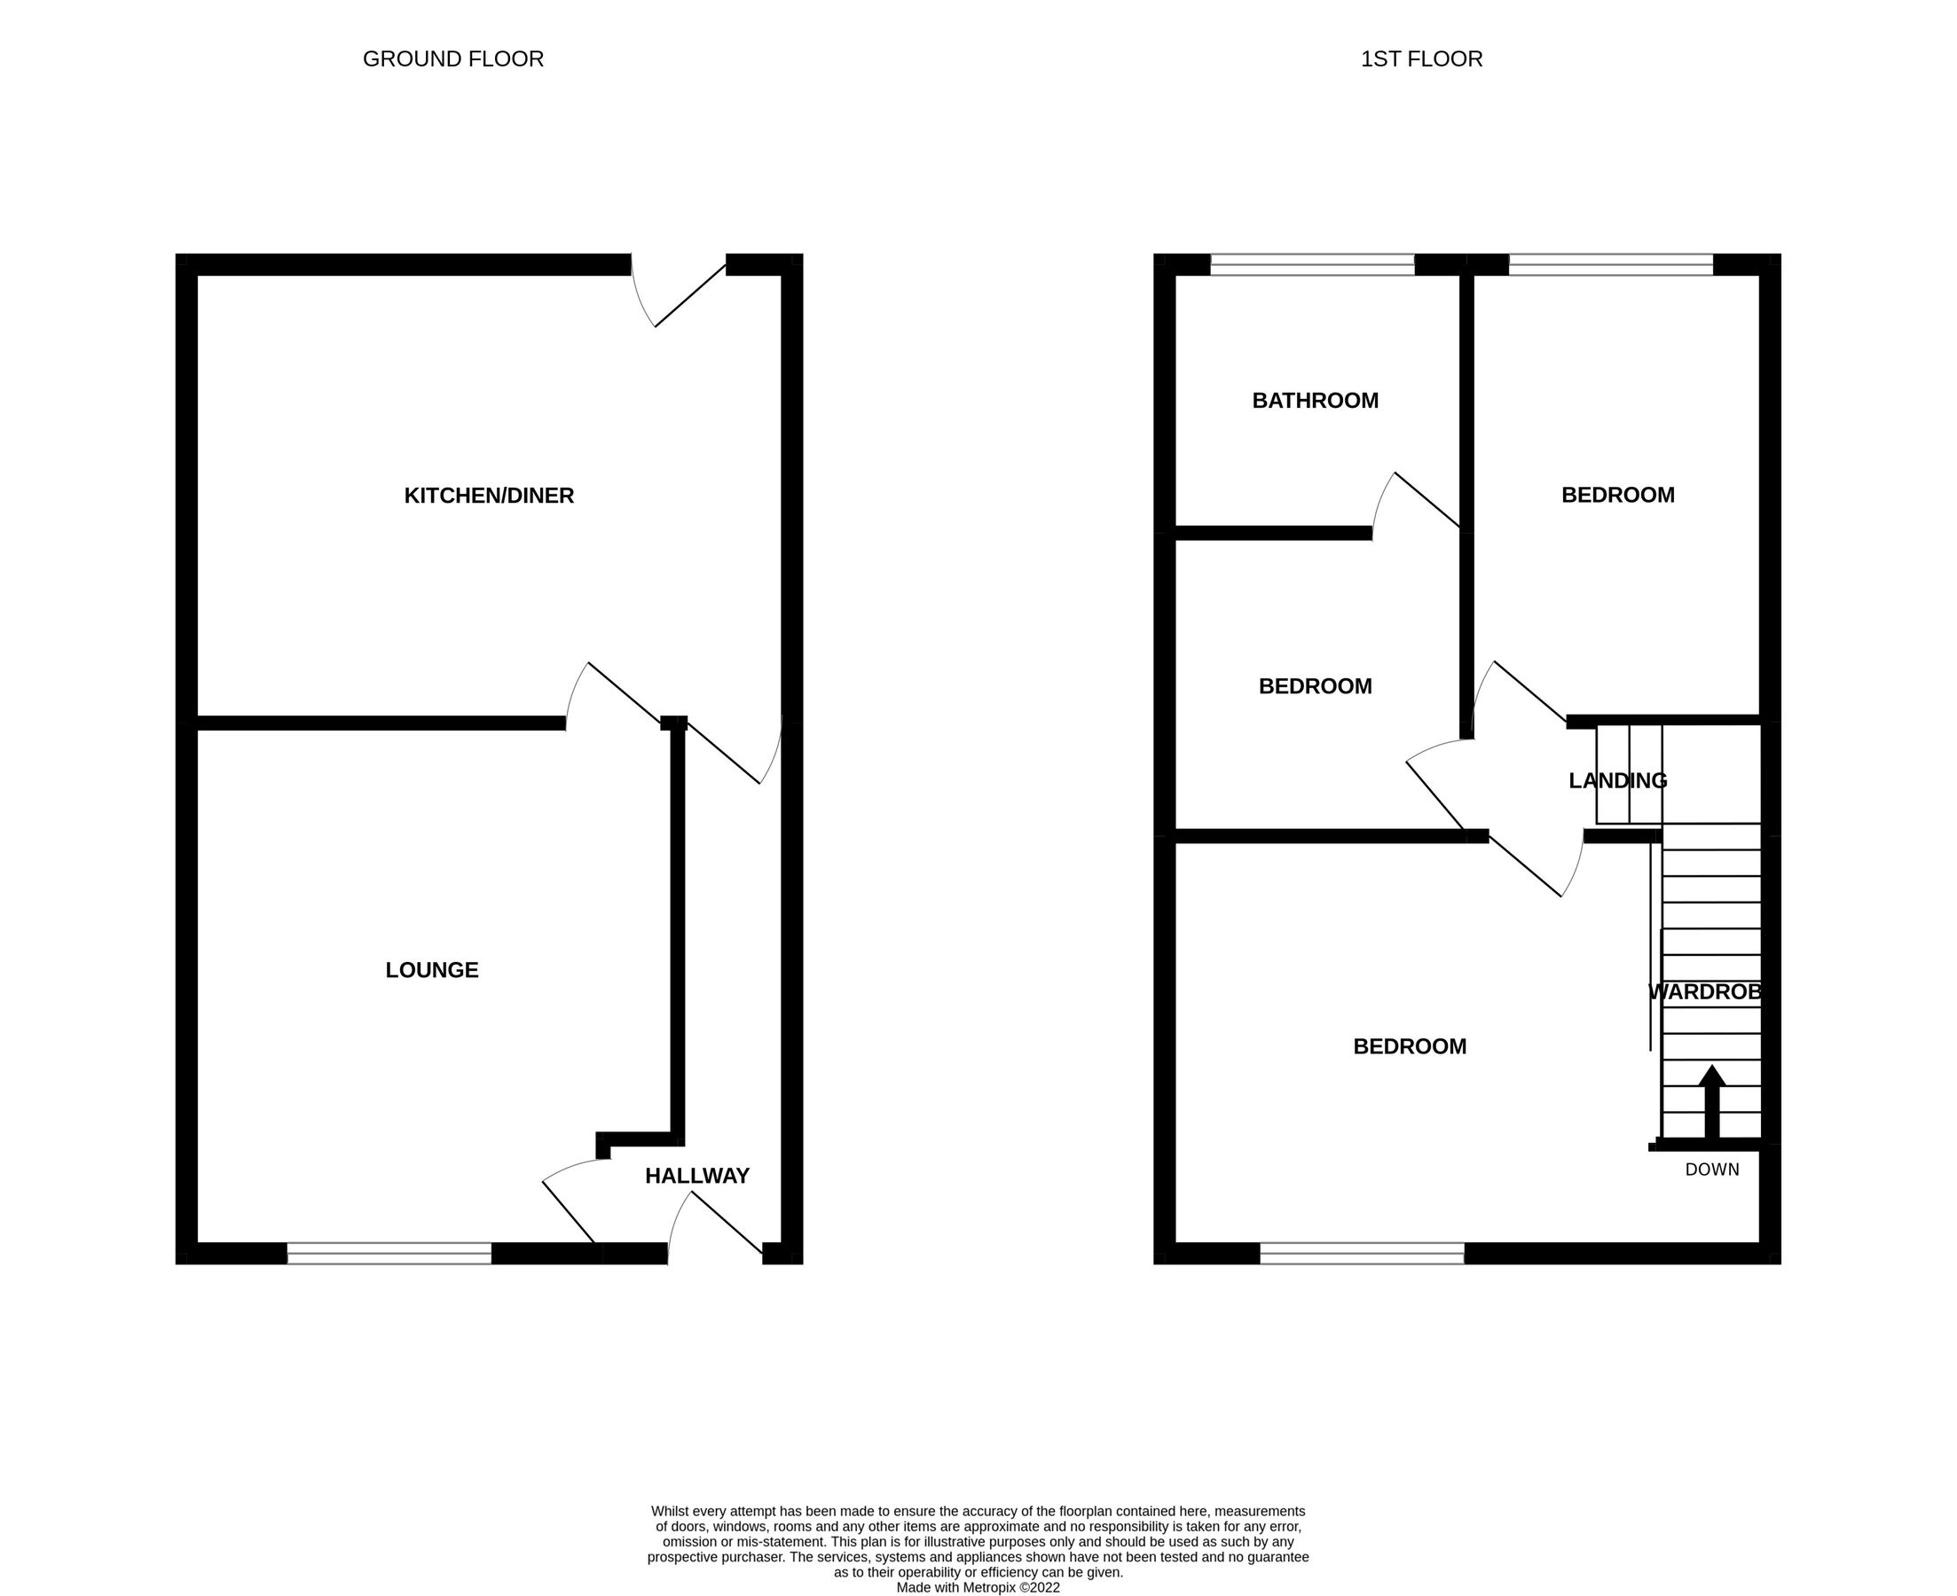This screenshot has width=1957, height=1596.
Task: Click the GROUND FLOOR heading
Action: (453, 59)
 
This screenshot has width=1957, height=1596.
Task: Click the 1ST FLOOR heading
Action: (1421, 59)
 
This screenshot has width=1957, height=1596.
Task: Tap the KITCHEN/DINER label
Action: (490, 496)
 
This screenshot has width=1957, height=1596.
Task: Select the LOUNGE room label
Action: (431, 970)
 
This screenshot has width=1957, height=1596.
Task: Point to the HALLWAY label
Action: (697, 1176)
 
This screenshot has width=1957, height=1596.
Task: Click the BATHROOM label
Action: (1315, 401)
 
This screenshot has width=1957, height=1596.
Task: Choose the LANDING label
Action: (1617, 780)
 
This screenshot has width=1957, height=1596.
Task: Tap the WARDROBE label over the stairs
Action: (1705, 992)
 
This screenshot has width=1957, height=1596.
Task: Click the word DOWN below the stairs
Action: (1711, 1170)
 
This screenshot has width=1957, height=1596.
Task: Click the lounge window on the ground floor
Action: (389, 1253)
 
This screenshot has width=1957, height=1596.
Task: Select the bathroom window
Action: (1312, 265)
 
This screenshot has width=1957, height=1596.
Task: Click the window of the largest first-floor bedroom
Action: (1361, 1253)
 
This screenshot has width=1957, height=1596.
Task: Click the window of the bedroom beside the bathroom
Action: (1611, 265)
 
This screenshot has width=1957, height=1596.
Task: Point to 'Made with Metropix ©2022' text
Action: (978, 1587)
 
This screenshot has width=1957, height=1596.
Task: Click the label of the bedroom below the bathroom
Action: (1315, 686)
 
